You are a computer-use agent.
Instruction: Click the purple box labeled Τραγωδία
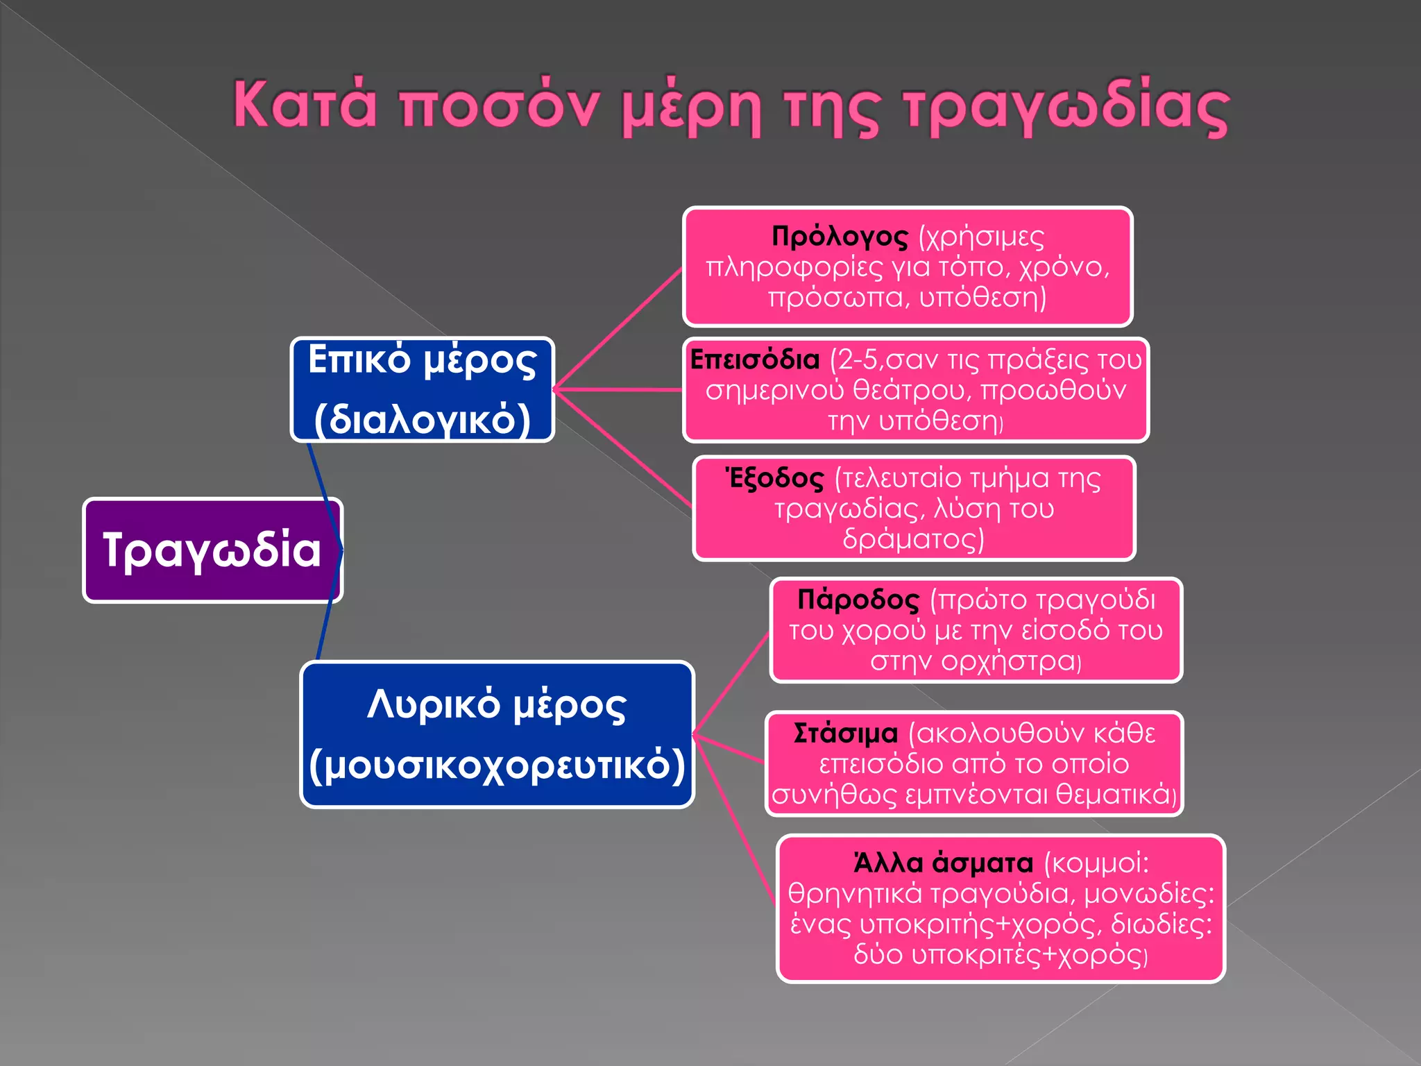click(212, 550)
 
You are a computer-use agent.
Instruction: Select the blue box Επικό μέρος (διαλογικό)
click(422, 389)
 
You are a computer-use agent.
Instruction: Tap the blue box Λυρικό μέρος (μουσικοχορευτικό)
click(497, 734)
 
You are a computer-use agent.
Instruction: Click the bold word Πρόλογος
click(840, 237)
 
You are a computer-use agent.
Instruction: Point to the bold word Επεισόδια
click(755, 359)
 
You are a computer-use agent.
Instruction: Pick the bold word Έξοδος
click(774, 478)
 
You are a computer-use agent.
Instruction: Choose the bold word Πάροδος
click(858, 600)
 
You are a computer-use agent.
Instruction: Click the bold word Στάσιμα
click(846, 734)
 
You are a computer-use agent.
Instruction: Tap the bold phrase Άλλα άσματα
click(944, 863)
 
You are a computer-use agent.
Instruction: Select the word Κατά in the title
click(305, 104)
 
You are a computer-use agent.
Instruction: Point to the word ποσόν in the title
click(500, 108)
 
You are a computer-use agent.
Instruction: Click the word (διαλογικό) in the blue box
click(422, 419)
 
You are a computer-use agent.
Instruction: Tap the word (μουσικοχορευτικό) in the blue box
click(497, 765)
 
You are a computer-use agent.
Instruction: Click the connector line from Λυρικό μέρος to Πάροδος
click(731, 684)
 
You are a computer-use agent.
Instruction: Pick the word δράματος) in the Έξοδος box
click(913, 539)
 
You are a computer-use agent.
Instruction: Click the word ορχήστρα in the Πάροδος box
click(1006, 661)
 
